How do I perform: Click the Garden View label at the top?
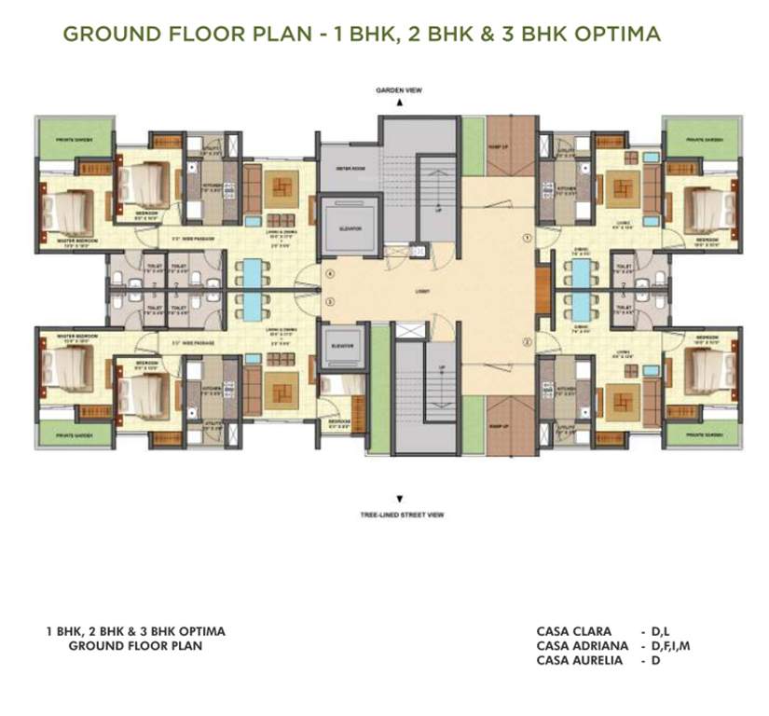click(x=399, y=91)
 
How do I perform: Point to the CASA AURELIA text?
click(x=579, y=660)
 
